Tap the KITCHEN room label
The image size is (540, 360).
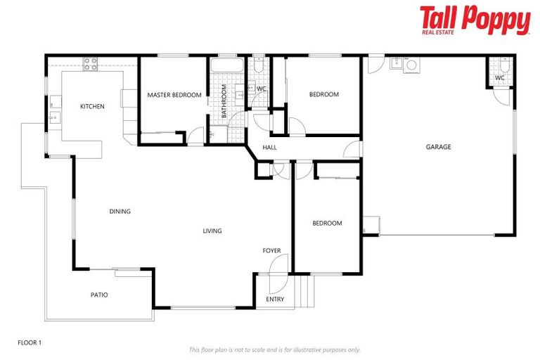[x=92, y=107]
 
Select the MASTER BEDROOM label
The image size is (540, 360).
[x=174, y=95]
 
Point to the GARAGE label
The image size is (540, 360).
[x=438, y=147]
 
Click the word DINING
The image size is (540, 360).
[x=120, y=211]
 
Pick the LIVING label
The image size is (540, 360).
[x=212, y=231]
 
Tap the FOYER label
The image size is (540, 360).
[x=272, y=250]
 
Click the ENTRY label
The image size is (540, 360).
[x=275, y=300]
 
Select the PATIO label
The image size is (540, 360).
[x=99, y=295]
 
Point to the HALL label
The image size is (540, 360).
[x=269, y=148]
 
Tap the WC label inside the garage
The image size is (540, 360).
[x=499, y=77]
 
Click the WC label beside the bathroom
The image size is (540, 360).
[x=260, y=89]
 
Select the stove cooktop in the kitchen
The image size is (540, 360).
[x=91, y=63]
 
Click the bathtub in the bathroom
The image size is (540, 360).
[x=226, y=67]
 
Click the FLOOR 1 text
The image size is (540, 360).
[x=30, y=342]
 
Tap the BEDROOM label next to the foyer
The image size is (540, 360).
[x=327, y=224]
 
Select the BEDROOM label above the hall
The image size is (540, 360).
[x=324, y=94]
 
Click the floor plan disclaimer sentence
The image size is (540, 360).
[x=274, y=349]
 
